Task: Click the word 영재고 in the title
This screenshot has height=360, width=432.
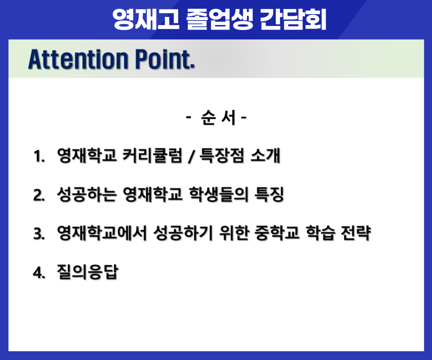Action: [146, 19]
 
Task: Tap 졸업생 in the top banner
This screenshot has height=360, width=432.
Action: [219, 19]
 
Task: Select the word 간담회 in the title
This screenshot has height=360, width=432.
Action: [293, 19]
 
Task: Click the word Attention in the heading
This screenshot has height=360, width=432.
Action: [78, 59]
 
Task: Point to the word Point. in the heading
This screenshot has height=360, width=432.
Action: [165, 59]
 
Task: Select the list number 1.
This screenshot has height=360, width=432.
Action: [39, 156]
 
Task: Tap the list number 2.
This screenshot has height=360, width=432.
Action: [39, 195]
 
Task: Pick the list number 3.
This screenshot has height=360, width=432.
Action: [39, 234]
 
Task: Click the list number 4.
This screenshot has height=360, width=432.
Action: [39, 273]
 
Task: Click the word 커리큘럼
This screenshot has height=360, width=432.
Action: [152, 156]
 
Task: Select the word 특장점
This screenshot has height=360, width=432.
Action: [222, 156]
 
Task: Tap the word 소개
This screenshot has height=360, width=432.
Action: [265, 156]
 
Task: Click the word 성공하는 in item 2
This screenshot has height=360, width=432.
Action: [86, 195]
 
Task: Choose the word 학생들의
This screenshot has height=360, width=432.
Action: [219, 195]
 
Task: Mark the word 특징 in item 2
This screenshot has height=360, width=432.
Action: [269, 195]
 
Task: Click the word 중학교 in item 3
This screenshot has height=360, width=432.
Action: [277, 233]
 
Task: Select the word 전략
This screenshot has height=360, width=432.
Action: [356, 233]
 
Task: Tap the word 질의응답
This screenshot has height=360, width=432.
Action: [88, 272]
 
